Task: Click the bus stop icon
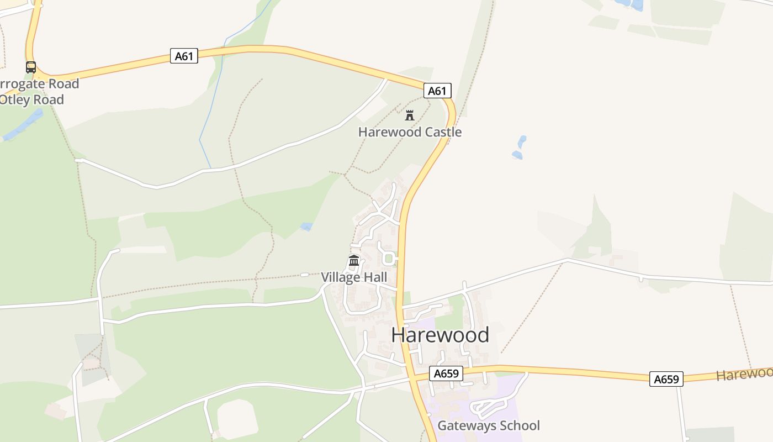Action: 31,67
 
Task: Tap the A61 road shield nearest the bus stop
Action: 184,56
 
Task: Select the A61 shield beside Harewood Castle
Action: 437,91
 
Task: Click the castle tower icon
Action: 410,115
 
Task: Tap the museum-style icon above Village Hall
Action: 354,261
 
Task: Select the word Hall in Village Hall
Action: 375,277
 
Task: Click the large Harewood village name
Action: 440,335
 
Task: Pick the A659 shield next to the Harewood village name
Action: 446,373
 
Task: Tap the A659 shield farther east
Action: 666,379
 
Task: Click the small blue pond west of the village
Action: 306,227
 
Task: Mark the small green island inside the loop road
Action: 389,258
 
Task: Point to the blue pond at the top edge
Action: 629,4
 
